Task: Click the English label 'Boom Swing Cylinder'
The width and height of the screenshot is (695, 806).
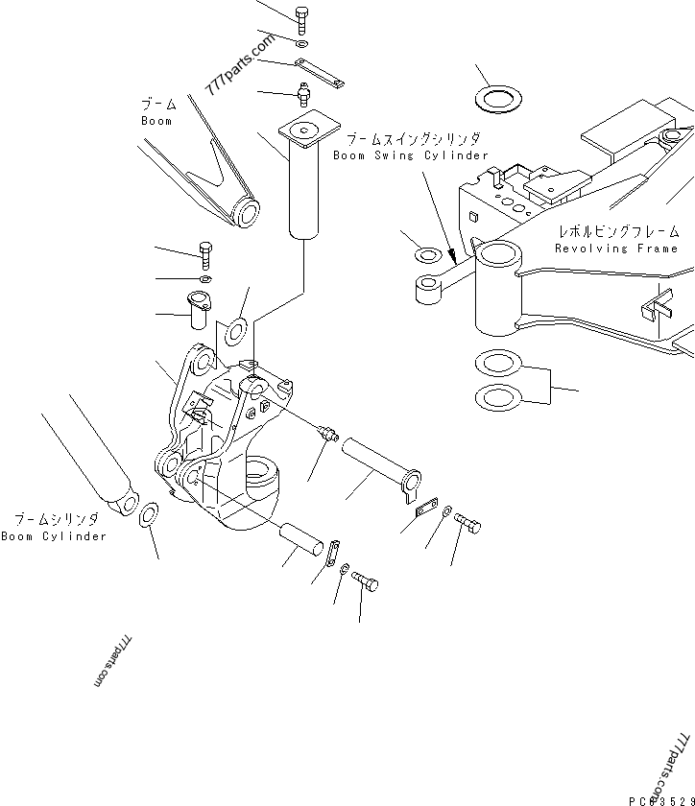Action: point(410,155)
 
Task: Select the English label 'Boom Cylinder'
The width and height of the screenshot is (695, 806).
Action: point(54,536)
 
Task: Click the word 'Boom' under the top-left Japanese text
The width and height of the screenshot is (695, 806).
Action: point(156,121)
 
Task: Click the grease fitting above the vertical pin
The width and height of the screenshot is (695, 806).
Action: point(304,93)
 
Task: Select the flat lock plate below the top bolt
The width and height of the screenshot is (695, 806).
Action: point(320,72)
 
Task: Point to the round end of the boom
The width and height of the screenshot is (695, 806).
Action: point(248,213)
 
